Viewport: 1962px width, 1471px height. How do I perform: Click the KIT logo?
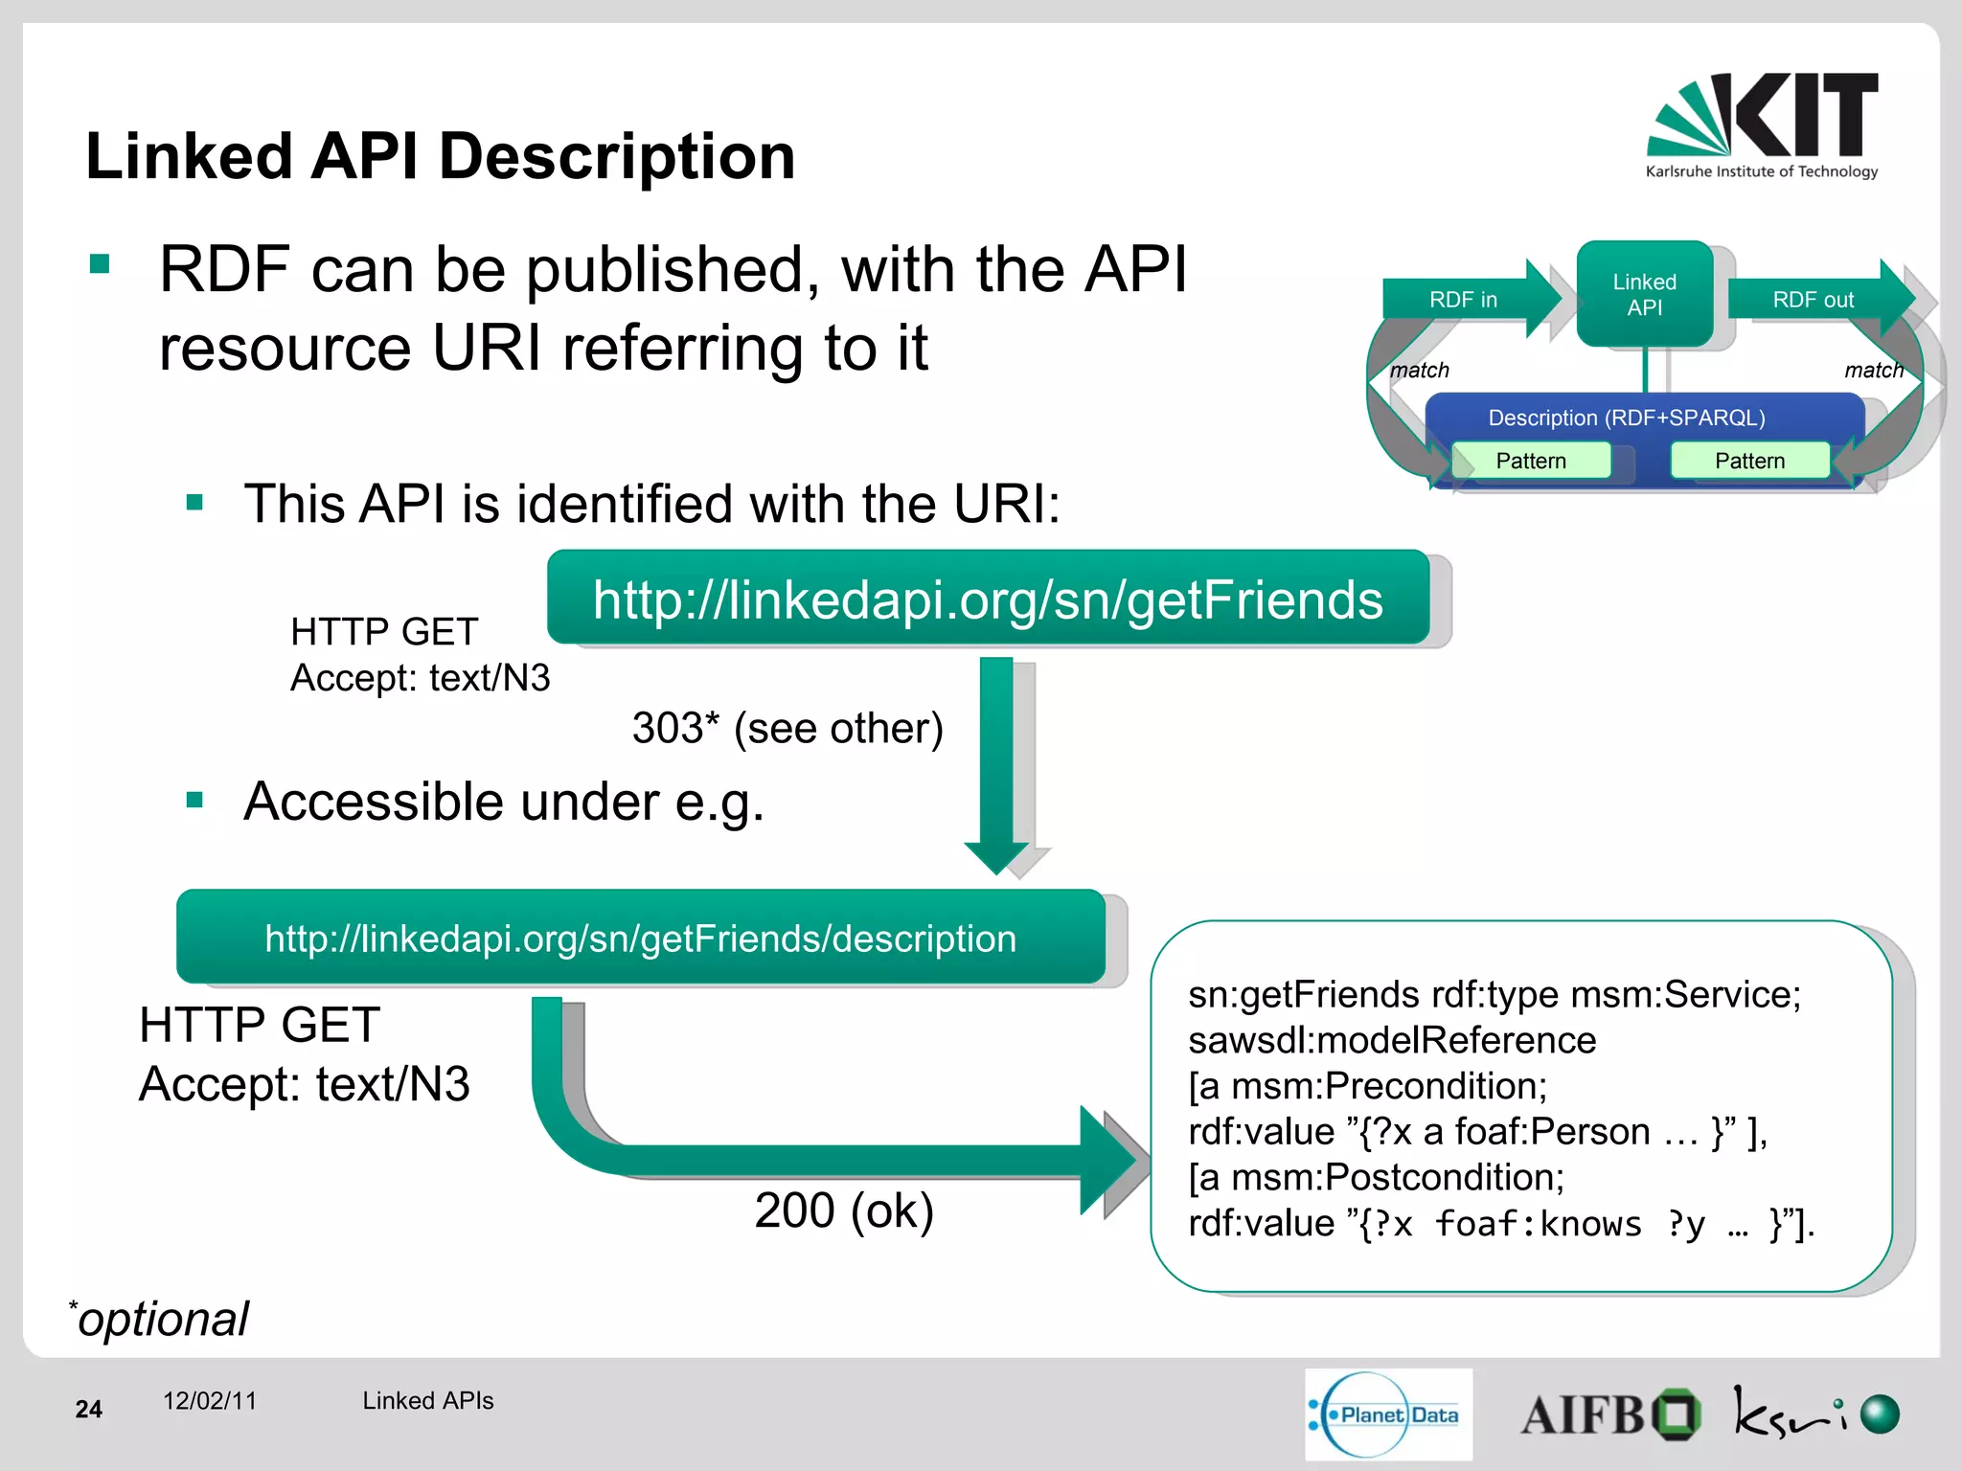[1762, 124]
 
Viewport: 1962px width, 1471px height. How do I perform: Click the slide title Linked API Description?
[441, 156]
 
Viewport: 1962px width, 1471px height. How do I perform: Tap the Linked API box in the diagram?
[1644, 294]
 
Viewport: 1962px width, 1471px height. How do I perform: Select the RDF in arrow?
[1466, 300]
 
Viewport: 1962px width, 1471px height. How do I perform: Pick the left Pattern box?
[1530, 461]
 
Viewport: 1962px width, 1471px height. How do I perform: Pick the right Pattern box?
[1749, 461]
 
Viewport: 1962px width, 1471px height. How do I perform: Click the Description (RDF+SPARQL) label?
[1626, 418]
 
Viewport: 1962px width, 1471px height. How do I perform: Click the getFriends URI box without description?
[988, 599]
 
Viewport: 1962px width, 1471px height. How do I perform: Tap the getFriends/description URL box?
[640, 938]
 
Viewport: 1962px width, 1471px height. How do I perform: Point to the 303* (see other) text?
[787, 728]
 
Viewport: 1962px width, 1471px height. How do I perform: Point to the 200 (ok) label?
[843, 1210]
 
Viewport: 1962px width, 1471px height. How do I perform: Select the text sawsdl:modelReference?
[1392, 1040]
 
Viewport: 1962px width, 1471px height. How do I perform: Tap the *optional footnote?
[160, 1319]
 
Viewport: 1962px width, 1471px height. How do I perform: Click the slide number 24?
[88, 1409]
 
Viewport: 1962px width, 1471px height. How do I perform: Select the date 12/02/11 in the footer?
[210, 1400]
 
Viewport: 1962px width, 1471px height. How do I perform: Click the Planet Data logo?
[1388, 1414]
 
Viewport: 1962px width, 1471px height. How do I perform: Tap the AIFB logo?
[1609, 1414]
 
